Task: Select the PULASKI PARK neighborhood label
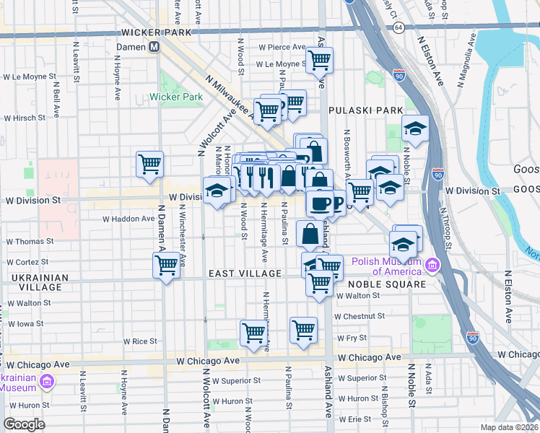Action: pos(365,110)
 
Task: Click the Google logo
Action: pos(25,424)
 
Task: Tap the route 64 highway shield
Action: pos(399,27)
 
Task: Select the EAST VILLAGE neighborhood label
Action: pos(245,274)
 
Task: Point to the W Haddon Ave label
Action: pos(128,218)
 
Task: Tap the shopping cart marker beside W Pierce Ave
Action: pos(318,59)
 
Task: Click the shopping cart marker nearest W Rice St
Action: pos(253,333)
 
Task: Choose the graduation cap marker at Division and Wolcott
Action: pos(217,191)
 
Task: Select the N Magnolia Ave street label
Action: pos(466,65)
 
